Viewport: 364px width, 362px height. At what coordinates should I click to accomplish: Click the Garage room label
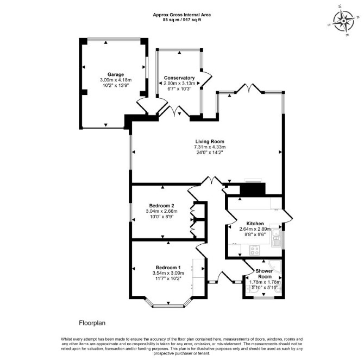tap(116, 75)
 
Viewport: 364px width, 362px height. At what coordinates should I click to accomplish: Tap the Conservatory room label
tap(179, 78)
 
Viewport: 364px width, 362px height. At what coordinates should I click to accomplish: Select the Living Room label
tap(210, 142)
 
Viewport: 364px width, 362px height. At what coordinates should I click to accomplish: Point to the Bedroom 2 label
tap(161, 206)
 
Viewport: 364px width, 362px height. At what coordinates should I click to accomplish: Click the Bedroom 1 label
tap(168, 268)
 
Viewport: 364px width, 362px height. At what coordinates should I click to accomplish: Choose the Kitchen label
tap(255, 224)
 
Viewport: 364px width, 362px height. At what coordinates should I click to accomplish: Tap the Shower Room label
tap(265, 274)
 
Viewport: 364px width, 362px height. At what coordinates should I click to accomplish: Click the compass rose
tap(343, 21)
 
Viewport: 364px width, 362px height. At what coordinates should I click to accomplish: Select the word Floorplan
tap(92, 323)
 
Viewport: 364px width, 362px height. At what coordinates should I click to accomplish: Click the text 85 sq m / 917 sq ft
tap(182, 20)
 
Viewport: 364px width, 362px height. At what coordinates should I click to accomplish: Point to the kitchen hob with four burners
tap(254, 250)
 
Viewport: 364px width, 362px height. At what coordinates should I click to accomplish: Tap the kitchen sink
tap(276, 235)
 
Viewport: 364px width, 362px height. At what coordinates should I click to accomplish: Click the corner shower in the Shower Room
tap(275, 266)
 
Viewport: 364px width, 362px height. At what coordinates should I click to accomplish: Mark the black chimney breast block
tap(252, 189)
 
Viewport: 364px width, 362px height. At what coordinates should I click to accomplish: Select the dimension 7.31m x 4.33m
tap(210, 147)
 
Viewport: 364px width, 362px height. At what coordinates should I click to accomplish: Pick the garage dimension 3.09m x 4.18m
tap(116, 80)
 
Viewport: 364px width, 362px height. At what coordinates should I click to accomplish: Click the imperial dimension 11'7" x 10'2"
tap(168, 278)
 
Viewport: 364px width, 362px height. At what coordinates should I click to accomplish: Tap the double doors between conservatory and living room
tap(175, 111)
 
